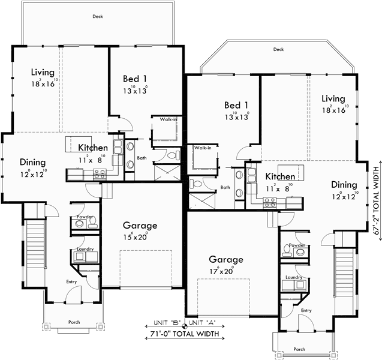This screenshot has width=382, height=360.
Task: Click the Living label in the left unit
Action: [x=43, y=73]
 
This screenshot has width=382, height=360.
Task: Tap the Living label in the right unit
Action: [x=333, y=98]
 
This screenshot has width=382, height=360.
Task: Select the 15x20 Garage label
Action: [x=140, y=226]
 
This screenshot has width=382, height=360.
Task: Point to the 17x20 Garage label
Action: [x=225, y=260]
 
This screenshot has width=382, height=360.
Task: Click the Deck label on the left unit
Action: [x=98, y=17]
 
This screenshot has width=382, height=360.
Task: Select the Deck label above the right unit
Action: [x=278, y=49]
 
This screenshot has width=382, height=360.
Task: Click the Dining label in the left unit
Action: [x=32, y=161]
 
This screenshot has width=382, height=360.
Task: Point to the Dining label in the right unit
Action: [x=344, y=185]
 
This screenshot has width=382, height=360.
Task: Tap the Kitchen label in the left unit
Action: [x=93, y=148]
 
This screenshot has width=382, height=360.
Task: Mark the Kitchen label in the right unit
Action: [x=280, y=176]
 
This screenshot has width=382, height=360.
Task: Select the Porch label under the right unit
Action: [x=299, y=349]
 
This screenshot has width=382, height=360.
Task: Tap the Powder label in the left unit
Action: [x=84, y=217]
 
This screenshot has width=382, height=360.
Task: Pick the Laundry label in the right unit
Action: [x=294, y=277]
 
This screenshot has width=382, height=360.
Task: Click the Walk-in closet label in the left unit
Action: [x=168, y=119]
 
